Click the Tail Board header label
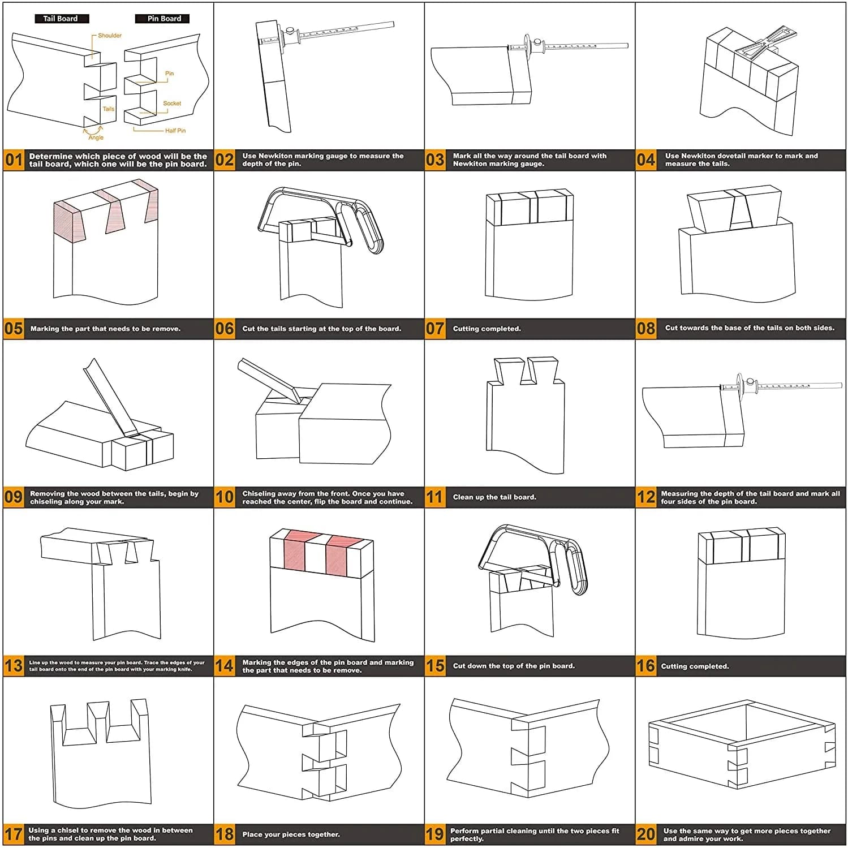(61, 19)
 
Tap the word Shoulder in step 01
(110, 36)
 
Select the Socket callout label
(172, 104)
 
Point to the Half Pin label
(175, 131)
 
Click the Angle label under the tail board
(96, 137)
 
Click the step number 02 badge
(224, 160)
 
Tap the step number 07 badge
(434, 329)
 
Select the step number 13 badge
(14, 666)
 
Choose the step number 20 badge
(645, 834)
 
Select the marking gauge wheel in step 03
(527, 45)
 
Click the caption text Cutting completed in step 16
(695, 666)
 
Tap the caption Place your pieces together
(291, 834)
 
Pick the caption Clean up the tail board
(494, 497)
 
